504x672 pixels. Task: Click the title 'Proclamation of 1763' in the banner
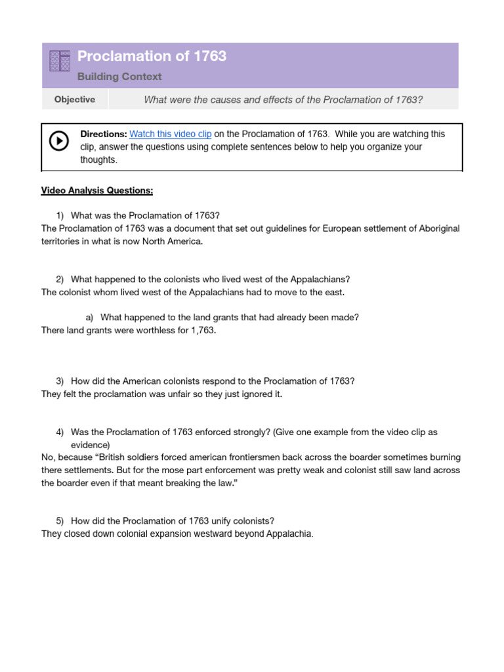(152, 56)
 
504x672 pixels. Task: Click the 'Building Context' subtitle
(119, 77)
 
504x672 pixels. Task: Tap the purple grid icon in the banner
(60, 61)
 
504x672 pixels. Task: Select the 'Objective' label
(74, 100)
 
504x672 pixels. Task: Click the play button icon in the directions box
(59, 141)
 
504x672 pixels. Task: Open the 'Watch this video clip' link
(171, 134)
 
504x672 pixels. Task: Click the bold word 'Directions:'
(104, 134)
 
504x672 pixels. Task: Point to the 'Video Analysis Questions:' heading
(97, 190)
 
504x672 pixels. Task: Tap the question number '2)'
(60, 280)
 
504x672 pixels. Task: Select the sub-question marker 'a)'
(90, 318)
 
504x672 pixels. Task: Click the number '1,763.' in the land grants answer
(201, 330)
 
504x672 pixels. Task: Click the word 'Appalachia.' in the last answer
(290, 534)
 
